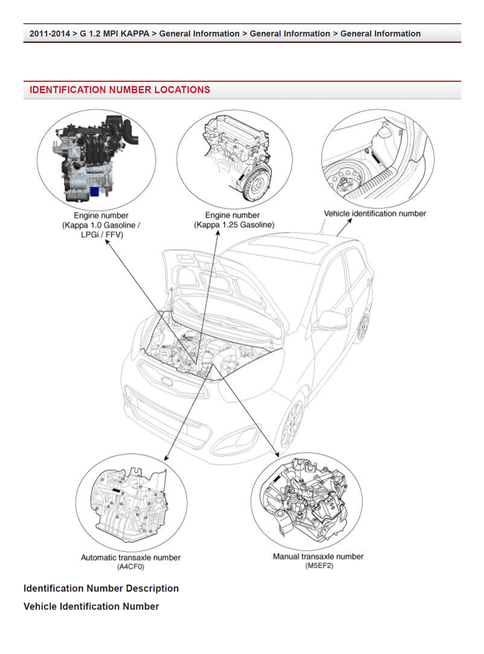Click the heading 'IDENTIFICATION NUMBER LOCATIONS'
pyautogui.click(x=120, y=90)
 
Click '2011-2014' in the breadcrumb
pyautogui.click(x=49, y=34)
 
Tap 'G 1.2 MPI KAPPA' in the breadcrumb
pyautogui.click(x=114, y=34)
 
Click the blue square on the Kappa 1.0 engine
pyautogui.click(x=95, y=191)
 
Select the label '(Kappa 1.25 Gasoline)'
pyautogui.click(x=234, y=225)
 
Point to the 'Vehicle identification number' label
pyautogui.click(x=375, y=213)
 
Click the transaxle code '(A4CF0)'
pyautogui.click(x=131, y=567)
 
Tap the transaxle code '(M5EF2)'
pyautogui.click(x=319, y=565)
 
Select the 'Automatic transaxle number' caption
pyautogui.click(x=131, y=557)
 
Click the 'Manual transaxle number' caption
pyautogui.click(x=318, y=556)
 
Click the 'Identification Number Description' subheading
pyautogui.click(x=101, y=588)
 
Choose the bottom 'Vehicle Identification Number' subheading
pyautogui.click(x=91, y=606)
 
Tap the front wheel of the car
pyautogui.click(x=292, y=422)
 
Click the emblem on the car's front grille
pyautogui.click(x=167, y=381)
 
